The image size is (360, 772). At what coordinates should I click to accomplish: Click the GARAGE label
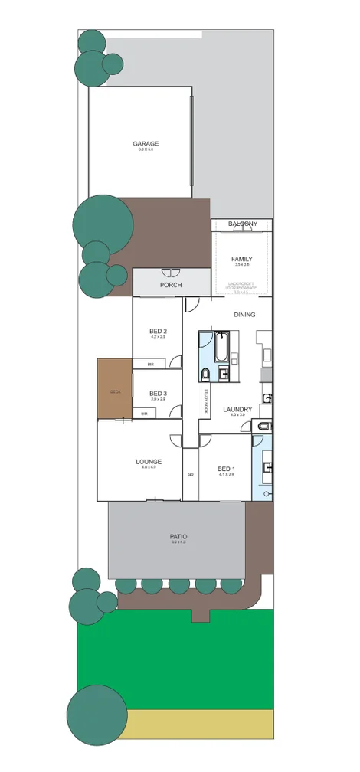(x=146, y=143)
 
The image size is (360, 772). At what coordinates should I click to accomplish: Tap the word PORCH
(x=170, y=285)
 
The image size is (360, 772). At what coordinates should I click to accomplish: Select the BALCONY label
(x=242, y=224)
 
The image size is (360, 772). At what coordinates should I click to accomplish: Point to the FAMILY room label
(x=242, y=259)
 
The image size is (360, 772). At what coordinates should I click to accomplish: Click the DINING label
(x=244, y=314)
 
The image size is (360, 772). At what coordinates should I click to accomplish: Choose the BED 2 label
(x=158, y=331)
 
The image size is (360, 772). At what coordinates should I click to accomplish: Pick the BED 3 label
(x=158, y=393)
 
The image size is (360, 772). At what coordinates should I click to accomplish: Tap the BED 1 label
(x=226, y=469)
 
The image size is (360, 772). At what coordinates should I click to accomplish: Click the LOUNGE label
(x=149, y=461)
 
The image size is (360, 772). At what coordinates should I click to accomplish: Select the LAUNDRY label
(x=237, y=409)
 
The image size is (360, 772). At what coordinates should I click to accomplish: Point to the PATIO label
(x=178, y=536)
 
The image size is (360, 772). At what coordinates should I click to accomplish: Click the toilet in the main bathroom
(x=205, y=374)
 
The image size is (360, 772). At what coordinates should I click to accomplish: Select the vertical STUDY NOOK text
(x=206, y=401)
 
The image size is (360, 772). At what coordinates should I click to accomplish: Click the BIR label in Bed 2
(x=151, y=364)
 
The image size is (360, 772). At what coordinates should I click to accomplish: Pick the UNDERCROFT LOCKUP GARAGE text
(x=242, y=287)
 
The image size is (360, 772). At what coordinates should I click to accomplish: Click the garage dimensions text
(x=146, y=150)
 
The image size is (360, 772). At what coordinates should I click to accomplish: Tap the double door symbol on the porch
(x=170, y=273)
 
